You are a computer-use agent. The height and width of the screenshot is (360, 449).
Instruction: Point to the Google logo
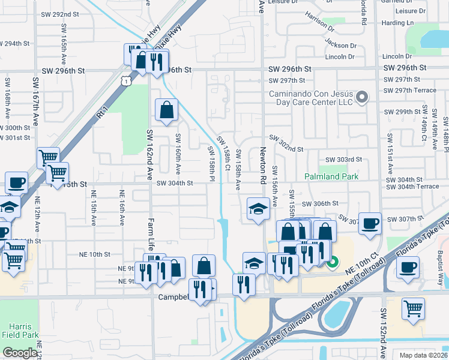pyautogui.click(x=20, y=353)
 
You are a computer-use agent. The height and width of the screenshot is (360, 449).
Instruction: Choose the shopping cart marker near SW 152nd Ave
pyautogui.click(x=413, y=308)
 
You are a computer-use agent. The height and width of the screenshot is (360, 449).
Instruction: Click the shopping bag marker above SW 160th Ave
pyautogui.click(x=166, y=109)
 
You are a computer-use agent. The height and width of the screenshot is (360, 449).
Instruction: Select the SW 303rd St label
pyautogui.click(x=343, y=159)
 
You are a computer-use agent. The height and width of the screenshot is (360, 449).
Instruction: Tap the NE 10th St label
pyautogui.click(x=95, y=254)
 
